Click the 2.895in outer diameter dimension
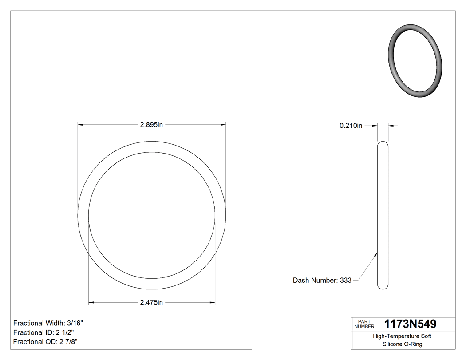coord(152,125)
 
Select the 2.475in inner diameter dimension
coord(152,303)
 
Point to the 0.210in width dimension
coord(351,126)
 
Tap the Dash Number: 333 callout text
coord(322,280)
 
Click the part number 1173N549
coord(410,324)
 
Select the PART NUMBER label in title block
coord(364,324)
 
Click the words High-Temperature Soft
coord(402,336)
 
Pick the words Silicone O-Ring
coord(402,344)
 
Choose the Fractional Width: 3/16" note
coord(48,323)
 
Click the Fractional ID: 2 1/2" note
coord(43,332)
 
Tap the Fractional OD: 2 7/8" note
coord(46,341)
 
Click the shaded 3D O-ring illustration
coord(415,61)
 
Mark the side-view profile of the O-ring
coord(383,215)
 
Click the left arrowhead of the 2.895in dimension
coord(80,125)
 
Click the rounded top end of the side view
coord(383,143)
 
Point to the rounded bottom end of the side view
coord(383,287)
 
